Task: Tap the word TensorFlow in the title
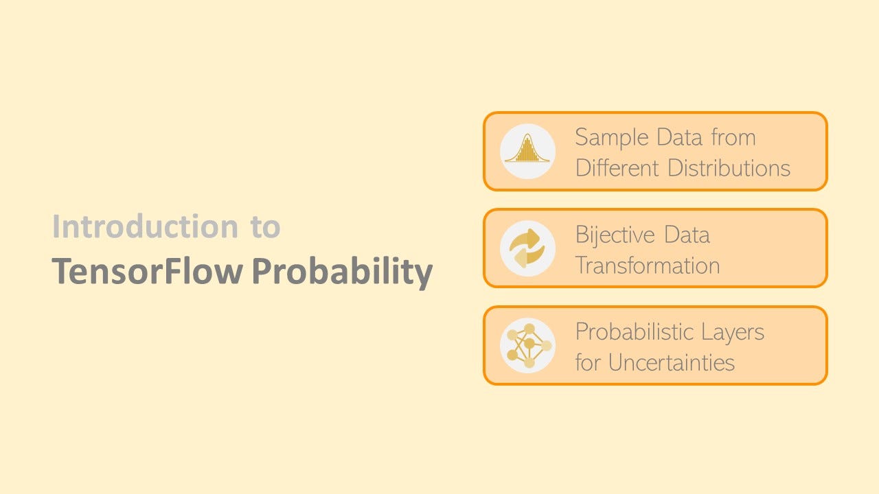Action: point(147,272)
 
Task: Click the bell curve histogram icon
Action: point(527,151)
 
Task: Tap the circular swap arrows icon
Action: point(527,248)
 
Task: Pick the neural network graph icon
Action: point(527,345)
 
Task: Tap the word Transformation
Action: point(648,266)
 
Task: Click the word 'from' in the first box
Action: point(733,138)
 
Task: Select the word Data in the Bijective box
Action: point(686,235)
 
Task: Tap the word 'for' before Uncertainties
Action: point(588,362)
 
